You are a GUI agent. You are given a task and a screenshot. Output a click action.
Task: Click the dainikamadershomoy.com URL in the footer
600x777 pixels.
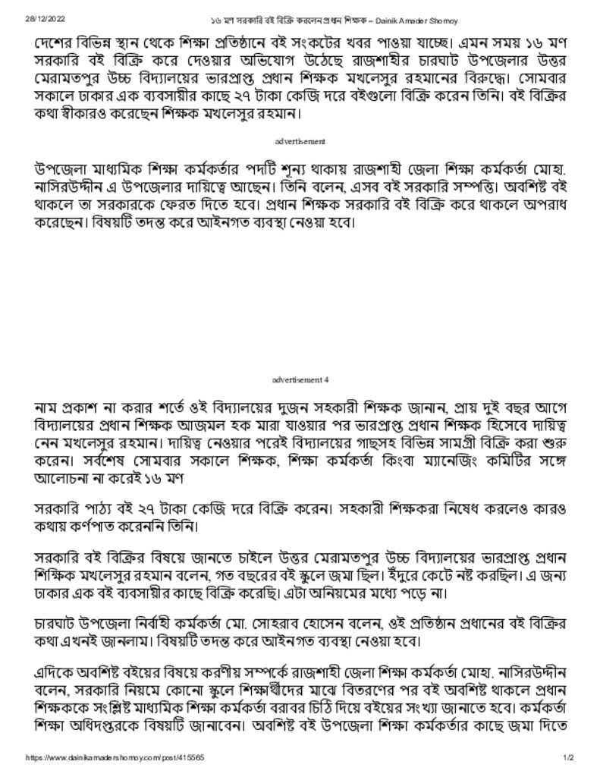115,757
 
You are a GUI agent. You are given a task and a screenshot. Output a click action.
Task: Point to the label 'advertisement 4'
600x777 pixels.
300,379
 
